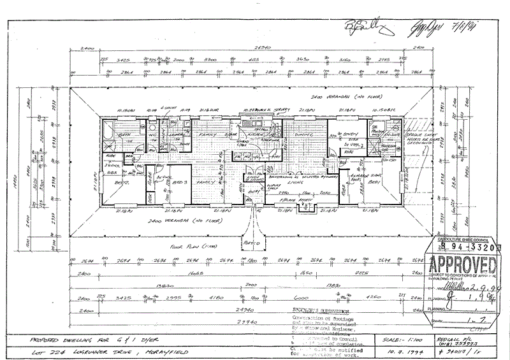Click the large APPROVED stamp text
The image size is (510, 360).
[463, 264]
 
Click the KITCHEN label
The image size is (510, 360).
[256, 135]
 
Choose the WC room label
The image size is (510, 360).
[153, 135]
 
